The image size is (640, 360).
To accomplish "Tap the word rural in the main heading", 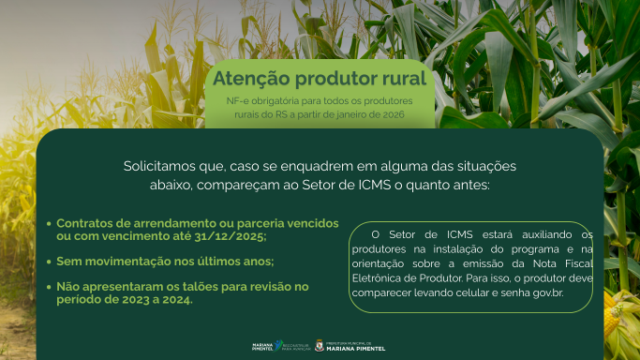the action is (x=405, y=79).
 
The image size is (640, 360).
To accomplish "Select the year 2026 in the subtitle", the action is (x=394, y=114).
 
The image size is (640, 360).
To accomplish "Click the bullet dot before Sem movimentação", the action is (x=49, y=262).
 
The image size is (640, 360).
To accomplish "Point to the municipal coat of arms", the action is (x=320, y=346).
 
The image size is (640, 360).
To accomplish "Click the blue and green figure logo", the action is (x=279, y=345).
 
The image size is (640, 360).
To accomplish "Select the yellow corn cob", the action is (x=611, y=316).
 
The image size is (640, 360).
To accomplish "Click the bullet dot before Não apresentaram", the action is (x=49, y=287).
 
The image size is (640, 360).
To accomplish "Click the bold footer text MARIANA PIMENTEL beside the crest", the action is (x=355, y=349).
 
